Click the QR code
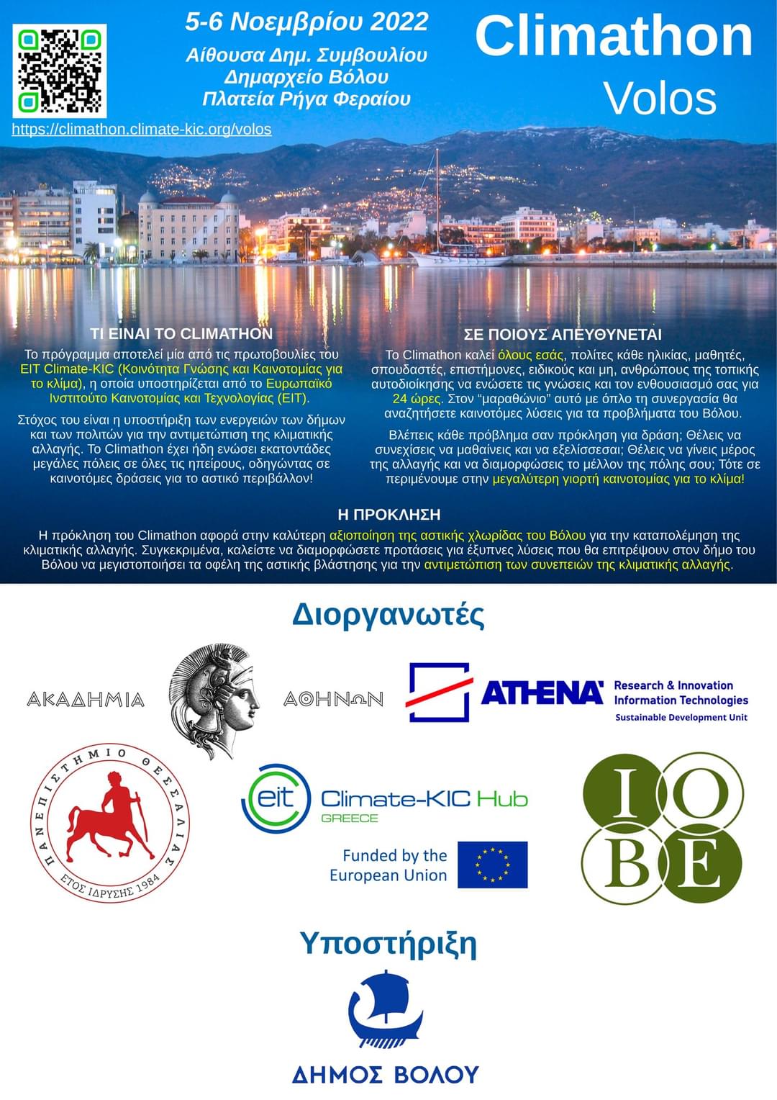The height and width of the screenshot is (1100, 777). tap(60, 71)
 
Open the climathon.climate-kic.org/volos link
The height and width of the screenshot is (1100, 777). tap(142, 130)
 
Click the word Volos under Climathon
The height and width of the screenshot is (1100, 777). tap(660, 99)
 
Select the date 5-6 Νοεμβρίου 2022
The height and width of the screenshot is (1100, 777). tap(306, 22)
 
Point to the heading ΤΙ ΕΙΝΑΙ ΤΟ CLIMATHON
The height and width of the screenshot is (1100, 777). tap(181, 334)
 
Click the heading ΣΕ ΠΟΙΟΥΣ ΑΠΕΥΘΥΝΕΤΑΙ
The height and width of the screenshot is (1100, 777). tap(563, 335)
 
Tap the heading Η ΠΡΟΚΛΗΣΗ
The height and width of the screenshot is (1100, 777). tap(388, 515)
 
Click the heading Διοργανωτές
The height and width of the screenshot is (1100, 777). tap(388, 616)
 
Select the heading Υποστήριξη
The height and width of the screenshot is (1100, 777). tap(388, 943)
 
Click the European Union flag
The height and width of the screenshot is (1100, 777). tap(492, 865)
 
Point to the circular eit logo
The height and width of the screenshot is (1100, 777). tap(276, 798)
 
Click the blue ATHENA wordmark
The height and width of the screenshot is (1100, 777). tap(542, 693)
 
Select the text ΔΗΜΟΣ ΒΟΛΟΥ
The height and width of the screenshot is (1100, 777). tap(385, 1074)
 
